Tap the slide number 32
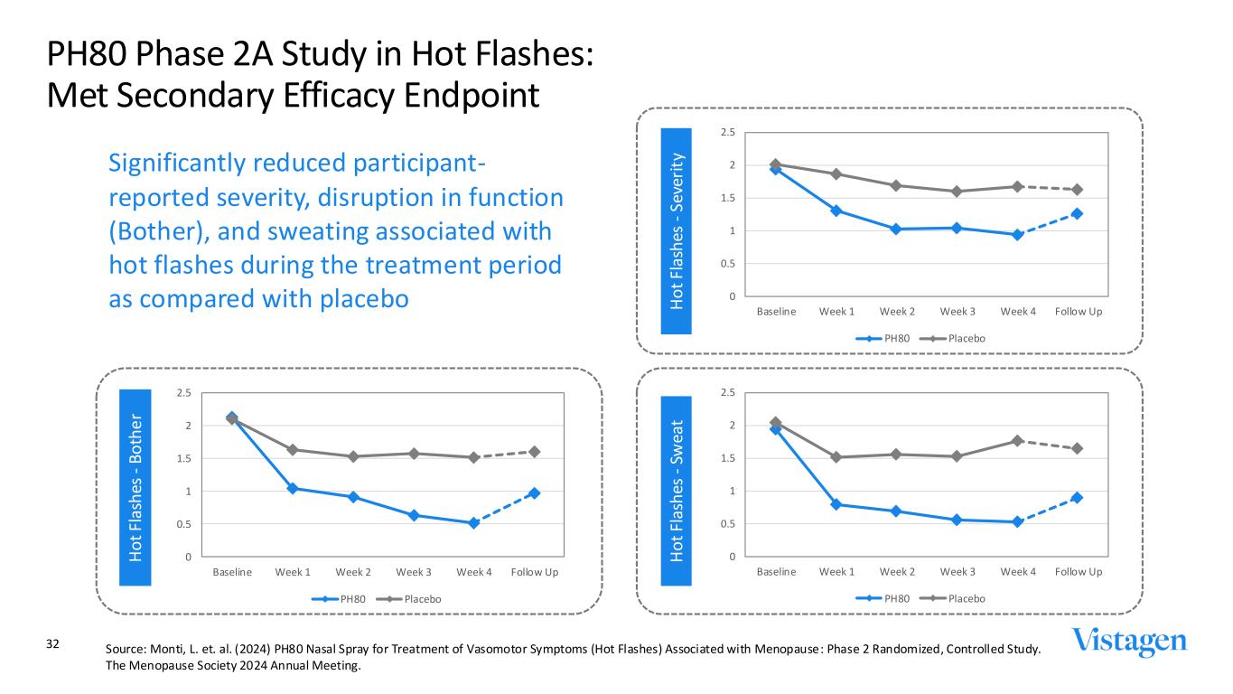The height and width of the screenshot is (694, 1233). coord(52,644)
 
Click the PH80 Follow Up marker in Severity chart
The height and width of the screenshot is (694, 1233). coord(1078,214)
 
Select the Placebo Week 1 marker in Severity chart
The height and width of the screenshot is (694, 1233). coord(836,173)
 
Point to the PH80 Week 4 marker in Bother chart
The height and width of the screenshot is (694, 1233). coord(473,523)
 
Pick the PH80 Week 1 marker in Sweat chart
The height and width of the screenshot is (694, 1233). coord(836,504)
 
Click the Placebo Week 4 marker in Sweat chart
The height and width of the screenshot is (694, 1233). coord(1017,440)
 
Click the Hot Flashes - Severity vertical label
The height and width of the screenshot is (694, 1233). coord(677,231)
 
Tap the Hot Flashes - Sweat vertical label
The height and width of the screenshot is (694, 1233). coord(677,490)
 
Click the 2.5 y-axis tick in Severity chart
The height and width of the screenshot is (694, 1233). coord(727,133)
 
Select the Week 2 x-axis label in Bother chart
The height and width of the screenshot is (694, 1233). coord(353,572)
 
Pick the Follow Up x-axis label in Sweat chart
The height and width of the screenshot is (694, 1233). coord(1078,572)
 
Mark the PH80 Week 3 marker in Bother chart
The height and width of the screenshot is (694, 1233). coord(414,515)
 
